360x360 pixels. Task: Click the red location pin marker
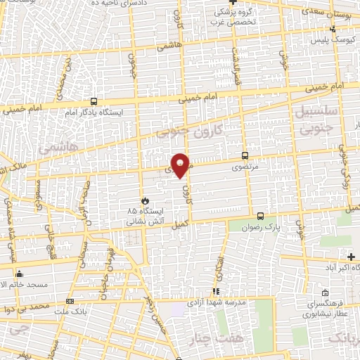tap(182, 165)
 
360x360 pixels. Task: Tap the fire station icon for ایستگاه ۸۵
tap(144, 200)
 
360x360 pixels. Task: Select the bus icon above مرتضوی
tap(245, 156)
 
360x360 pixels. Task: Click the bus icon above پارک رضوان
tap(261, 217)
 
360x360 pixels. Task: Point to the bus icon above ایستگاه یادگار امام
tap(94, 101)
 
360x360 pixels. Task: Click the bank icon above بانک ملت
tap(69, 301)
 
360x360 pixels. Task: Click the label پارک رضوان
tap(265, 229)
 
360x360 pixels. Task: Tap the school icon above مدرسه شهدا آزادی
tap(217, 291)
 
